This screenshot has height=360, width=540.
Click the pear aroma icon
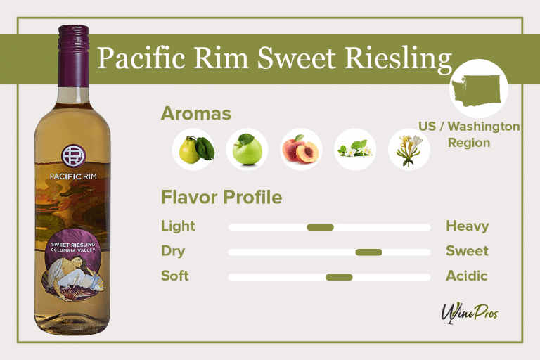coord(193,149)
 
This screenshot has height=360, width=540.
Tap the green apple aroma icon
coord(247,149)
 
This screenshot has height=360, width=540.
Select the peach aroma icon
coord(301,150)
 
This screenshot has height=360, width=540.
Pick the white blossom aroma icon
coord(355,150)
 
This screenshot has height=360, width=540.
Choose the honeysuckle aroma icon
coord(409,150)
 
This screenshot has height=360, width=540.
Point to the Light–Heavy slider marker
coord(320,227)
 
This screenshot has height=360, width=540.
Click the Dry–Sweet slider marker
coord(368,252)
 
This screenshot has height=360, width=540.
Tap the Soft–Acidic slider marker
coord(339,277)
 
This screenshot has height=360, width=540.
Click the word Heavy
coord(467,226)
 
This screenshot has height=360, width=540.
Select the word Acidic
coord(466,276)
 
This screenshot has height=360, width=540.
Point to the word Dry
coord(173,251)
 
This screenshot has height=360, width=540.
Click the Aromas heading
coord(196,113)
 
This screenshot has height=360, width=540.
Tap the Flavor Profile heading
coord(221,198)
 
